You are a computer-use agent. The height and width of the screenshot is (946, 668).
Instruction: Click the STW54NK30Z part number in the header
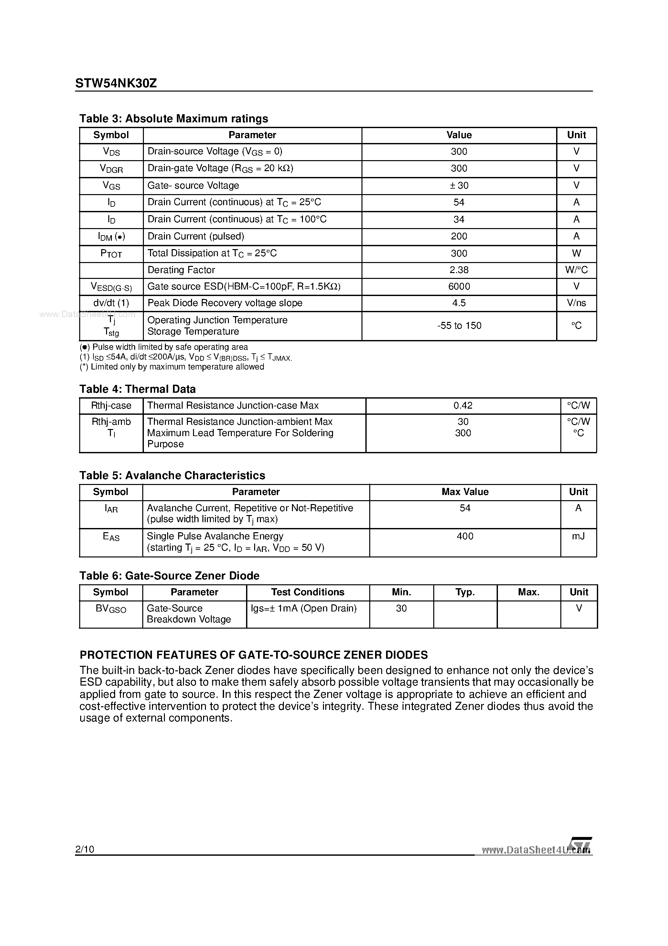(116, 84)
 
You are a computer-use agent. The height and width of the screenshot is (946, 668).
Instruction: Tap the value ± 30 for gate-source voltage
(459, 185)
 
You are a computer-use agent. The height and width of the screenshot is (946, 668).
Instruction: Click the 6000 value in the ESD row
(459, 286)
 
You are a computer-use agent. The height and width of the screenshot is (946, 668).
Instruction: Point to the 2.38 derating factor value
(459, 270)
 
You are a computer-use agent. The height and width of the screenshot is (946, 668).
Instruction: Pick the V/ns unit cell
(576, 303)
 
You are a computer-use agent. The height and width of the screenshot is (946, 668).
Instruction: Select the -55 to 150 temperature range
(459, 325)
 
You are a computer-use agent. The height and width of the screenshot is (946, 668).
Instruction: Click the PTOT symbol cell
(111, 253)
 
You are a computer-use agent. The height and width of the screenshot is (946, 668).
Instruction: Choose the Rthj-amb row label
(111, 422)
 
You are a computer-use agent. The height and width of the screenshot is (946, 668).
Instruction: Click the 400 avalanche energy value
(465, 536)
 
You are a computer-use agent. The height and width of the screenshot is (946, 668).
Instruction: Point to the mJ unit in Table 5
(578, 536)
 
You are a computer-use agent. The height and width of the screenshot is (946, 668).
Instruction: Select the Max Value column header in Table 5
(465, 492)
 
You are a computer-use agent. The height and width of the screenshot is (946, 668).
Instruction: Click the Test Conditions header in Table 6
(307, 592)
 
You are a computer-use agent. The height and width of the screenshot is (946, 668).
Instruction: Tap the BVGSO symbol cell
(111, 609)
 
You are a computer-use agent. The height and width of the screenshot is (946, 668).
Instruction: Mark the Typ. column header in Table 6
(465, 592)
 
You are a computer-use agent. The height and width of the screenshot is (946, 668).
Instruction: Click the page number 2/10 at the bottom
(85, 849)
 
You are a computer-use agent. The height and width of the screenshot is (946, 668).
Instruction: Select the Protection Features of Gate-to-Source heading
(254, 655)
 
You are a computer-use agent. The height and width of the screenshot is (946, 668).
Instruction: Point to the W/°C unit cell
(576, 270)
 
